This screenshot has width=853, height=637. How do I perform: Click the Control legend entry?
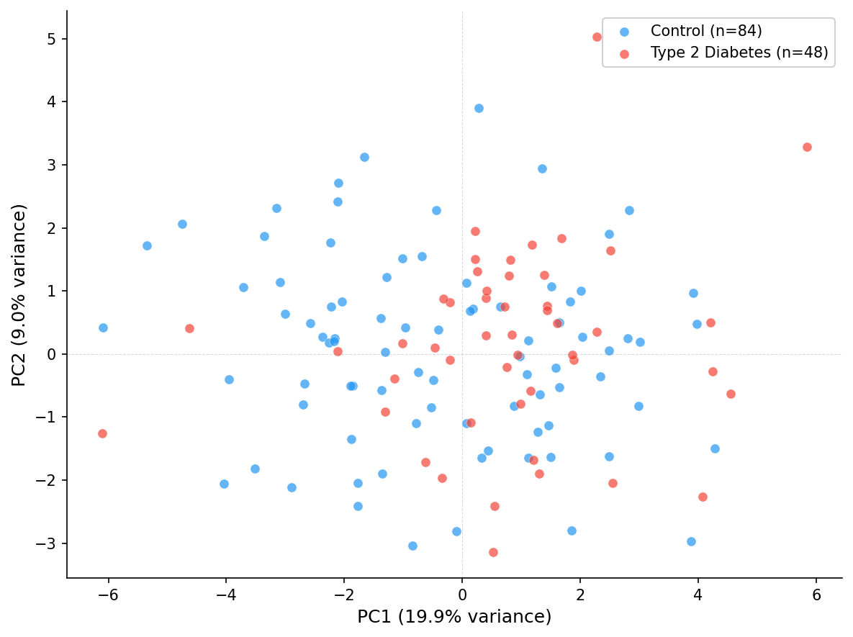pyautogui.click(x=705, y=31)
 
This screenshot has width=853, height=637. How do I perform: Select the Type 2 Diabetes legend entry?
pyautogui.click(x=739, y=53)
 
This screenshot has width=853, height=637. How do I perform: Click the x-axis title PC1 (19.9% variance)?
pyautogui.click(x=454, y=617)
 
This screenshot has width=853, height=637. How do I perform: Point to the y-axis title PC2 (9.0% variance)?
pyautogui.click(x=19, y=294)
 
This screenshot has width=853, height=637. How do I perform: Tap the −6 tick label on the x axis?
pyautogui.click(x=105, y=595)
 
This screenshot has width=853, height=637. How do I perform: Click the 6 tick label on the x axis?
pyautogui.click(x=816, y=595)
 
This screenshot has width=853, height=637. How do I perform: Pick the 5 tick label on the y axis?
pyautogui.click(x=52, y=39)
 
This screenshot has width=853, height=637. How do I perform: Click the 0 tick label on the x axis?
pyautogui.click(x=462, y=595)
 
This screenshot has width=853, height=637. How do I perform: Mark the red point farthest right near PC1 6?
pyautogui.click(x=807, y=147)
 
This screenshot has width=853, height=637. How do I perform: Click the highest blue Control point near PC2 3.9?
pyautogui.click(x=479, y=108)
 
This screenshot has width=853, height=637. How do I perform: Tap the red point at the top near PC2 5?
pyautogui.click(x=597, y=37)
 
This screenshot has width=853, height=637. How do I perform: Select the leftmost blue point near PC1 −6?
pyautogui.click(x=103, y=327)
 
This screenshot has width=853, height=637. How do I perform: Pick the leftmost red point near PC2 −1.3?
pyautogui.click(x=102, y=433)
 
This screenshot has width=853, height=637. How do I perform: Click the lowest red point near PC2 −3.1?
pyautogui.click(x=493, y=552)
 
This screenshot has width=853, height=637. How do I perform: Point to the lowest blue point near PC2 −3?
pyautogui.click(x=412, y=546)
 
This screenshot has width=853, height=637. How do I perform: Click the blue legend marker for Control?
pyautogui.click(x=624, y=32)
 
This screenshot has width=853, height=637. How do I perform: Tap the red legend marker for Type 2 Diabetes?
pyautogui.click(x=624, y=53)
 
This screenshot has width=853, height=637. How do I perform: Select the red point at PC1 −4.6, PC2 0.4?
pyautogui.click(x=189, y=328)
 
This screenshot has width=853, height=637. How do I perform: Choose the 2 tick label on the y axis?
pyautogui.click(x=52, y=228)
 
